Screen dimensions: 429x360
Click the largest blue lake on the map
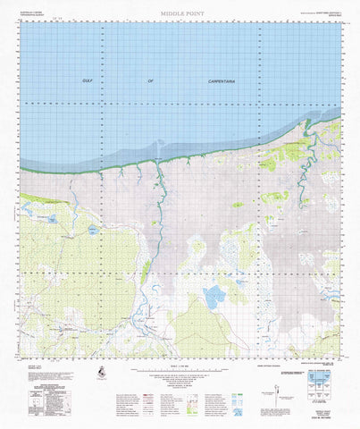pos(214,297)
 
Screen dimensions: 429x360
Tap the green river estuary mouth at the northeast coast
pos(308,134)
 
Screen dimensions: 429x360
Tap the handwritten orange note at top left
pos(59,16)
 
